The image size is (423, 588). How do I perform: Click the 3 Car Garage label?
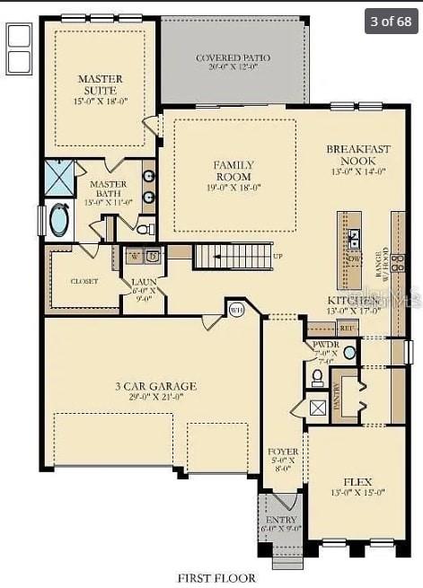154,391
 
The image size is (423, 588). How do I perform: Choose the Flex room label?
357,486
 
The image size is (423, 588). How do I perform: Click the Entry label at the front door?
280,523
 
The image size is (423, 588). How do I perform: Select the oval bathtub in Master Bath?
59,220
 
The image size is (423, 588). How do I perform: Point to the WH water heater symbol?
236,310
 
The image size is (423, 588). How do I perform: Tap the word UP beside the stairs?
278,257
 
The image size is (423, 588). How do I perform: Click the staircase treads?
232,257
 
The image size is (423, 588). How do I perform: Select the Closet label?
84,281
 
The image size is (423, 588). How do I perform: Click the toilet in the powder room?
317,378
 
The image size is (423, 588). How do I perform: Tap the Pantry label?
338,395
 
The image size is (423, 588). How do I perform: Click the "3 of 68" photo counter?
392,20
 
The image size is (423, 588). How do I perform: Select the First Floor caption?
216,578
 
